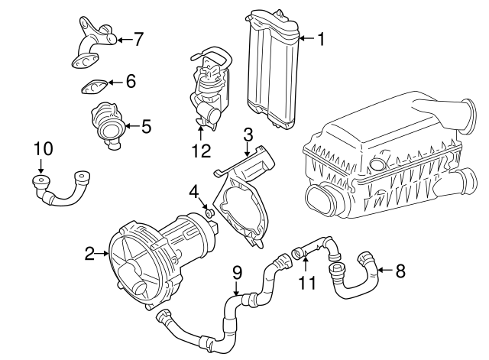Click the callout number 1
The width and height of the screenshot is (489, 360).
click(x=321, y=39)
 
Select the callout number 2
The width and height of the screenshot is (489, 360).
click(x=89, y=253)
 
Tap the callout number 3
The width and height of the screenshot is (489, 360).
click(x=248, y=136)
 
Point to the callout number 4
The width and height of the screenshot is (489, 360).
click(x=194, y=190)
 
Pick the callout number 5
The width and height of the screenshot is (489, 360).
click(x=147, y=125)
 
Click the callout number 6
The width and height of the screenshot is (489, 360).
click(x=130, y=81)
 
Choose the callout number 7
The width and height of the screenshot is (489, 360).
click(x=138, y=38)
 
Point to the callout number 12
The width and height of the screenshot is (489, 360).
click(x=200, y=151)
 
